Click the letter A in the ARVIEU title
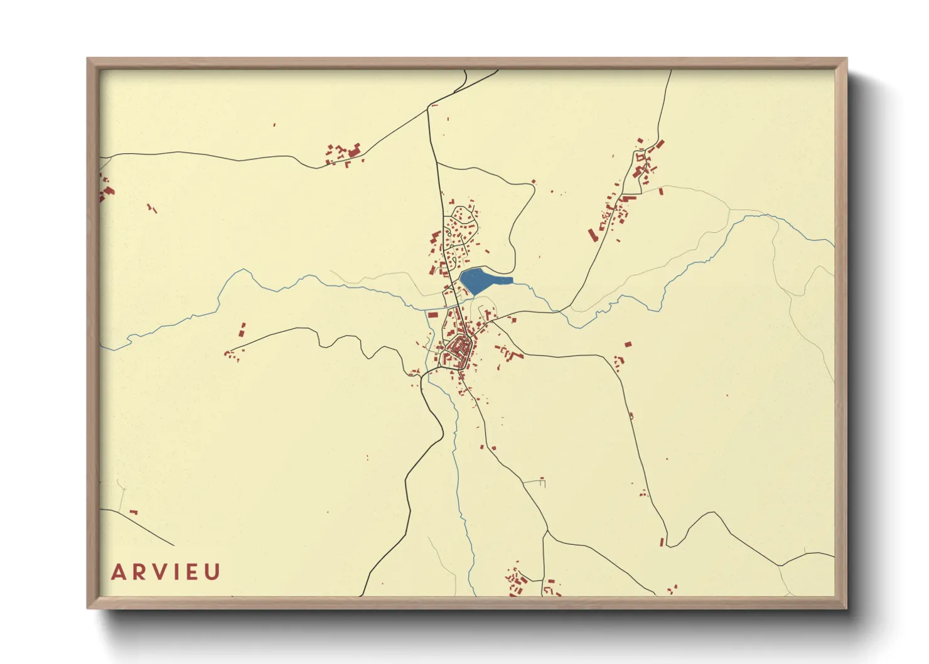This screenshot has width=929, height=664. pos(118,572)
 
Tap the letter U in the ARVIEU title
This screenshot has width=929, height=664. pos(213,572)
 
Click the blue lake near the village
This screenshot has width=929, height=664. pos(480,281)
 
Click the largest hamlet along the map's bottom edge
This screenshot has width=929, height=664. pos(516,581)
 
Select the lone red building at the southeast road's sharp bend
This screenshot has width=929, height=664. pos(662,542)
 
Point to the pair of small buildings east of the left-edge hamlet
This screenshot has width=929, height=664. pos(151,207)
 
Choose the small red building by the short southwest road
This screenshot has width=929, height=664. pos(133,512)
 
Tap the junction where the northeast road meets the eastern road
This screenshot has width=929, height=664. pos(561,311)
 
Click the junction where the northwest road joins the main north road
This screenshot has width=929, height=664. pos(428,109)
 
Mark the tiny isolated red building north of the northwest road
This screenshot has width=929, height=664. pos(274,125)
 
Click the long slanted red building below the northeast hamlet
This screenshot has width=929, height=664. pos(591,234)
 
